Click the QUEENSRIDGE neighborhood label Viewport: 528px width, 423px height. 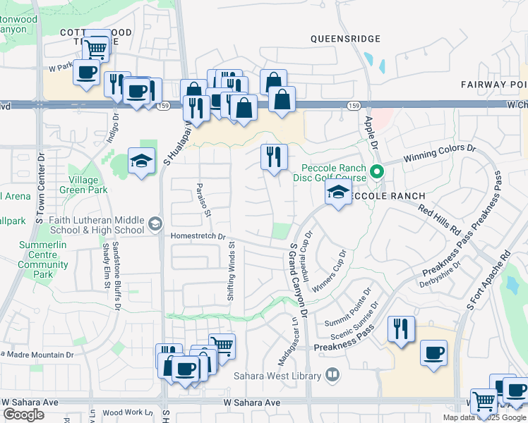tap(345, 39)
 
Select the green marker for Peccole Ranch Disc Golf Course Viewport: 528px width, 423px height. tap(378, 170)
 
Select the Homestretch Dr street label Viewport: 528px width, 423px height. tap(198, 237)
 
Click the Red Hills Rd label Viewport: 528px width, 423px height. tap(439, 220)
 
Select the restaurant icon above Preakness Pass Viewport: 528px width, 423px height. tap(400, 329)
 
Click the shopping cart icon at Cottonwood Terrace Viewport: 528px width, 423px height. tap(96, 48)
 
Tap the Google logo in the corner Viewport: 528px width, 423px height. tap(23, 415)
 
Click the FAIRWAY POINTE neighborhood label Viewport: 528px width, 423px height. tap(494, 85)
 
